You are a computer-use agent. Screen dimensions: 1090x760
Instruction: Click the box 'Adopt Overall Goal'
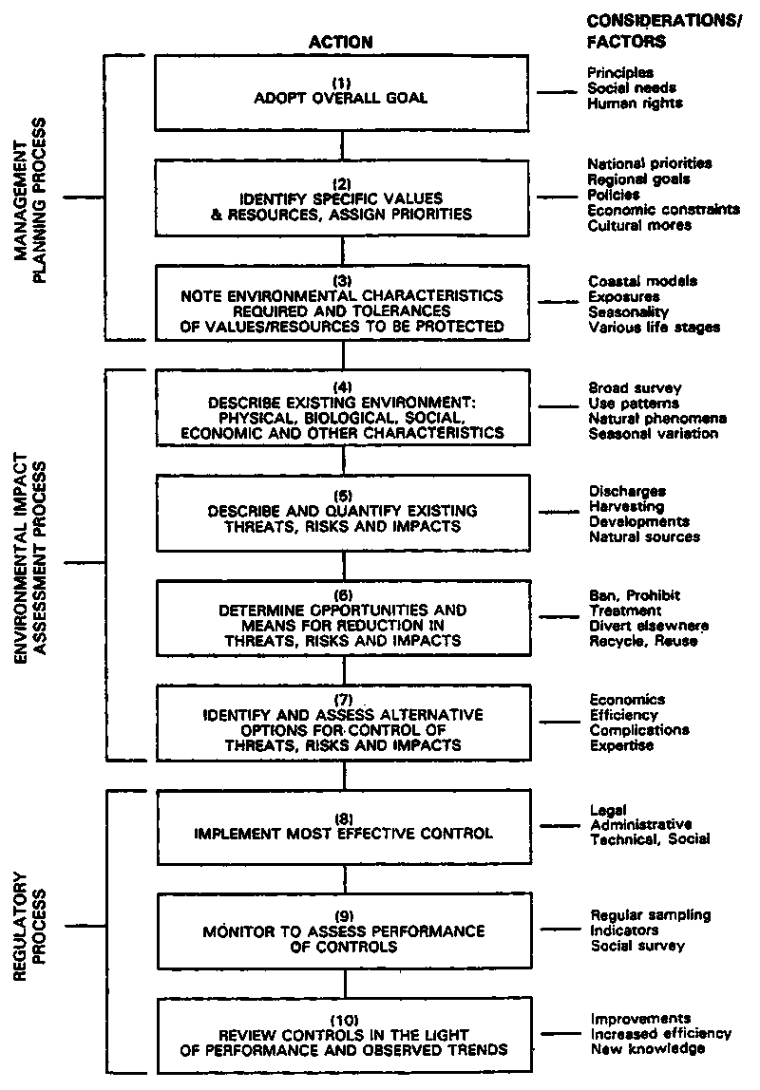point(342,92)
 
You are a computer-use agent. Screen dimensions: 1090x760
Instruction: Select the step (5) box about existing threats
point(342,512)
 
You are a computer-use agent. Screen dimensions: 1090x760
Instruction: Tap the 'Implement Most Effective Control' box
point(342,826)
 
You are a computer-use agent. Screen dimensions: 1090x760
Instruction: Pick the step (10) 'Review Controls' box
point(342,1034)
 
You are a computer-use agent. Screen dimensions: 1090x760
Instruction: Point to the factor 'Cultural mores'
point(640,225)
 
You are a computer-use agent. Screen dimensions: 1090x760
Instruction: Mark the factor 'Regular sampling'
point(650,915)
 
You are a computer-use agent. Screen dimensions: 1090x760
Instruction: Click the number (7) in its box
point(343,700)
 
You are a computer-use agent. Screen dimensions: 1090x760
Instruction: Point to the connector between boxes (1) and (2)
point(342,144)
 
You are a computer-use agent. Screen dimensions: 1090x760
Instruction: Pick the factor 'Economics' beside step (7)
point(627,700)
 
